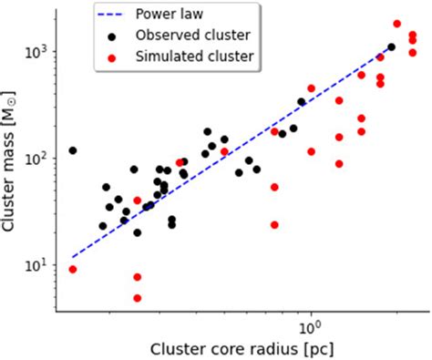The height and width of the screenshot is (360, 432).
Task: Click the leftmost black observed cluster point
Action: (x=73, y=150)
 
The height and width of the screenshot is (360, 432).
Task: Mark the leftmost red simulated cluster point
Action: (x=73, y=269)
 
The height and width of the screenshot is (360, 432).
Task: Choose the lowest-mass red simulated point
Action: (x=138, y=298)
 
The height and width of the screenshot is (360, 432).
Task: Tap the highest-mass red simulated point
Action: (x=397, y=24)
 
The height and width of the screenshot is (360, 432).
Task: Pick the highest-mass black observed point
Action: (x=391, y=46)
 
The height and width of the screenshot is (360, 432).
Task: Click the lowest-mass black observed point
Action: (x=138, y=232)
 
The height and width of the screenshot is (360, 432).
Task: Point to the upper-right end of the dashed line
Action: (x=392, y=45)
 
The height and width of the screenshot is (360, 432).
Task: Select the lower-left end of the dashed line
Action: (x=73, y=257)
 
